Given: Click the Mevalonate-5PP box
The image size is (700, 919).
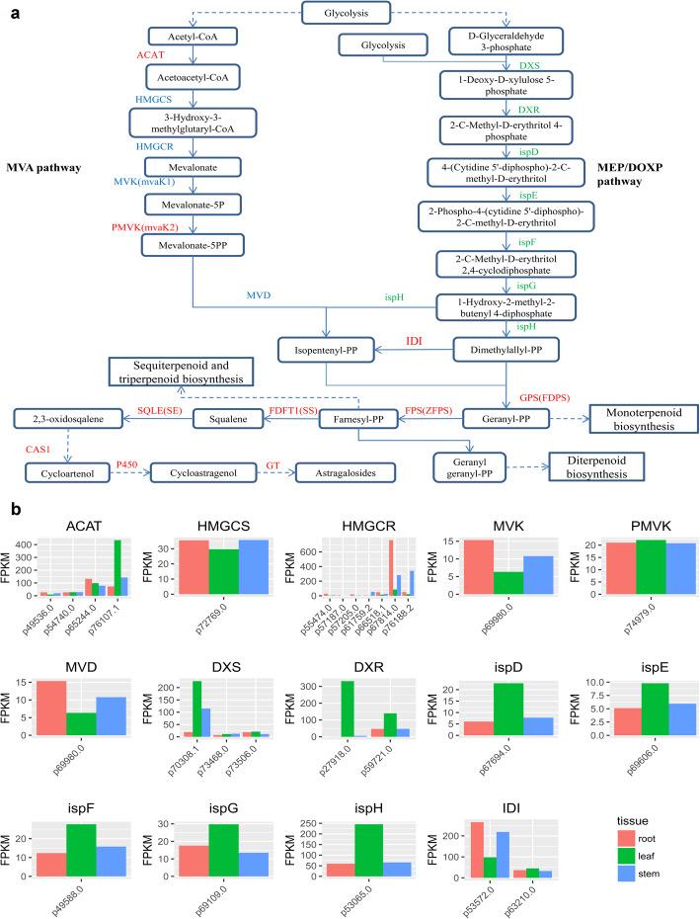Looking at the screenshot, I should (x=194, y=242).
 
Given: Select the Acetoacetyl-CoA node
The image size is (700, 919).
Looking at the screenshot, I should (x=194, y=76).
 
